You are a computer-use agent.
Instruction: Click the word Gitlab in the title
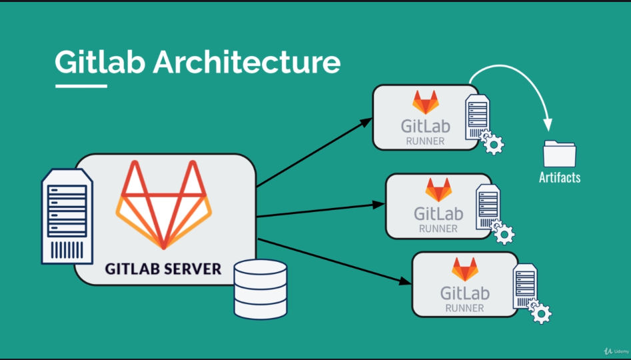pyautogui.click(x=99, y=62)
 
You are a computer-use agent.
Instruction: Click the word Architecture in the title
pyautogui.click(x=247, y=62)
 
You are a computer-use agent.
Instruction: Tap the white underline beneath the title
pyautogui.click(x=81, y=85)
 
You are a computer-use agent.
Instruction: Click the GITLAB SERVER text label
pyautogui.click(x=163, y=269)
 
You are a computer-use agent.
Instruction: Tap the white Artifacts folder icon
pyautogui.click(x=559, y=153)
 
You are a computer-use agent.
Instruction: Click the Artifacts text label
pyautogui.click(x=559, y=177)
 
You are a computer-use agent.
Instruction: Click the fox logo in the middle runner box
pyautogui.click(x=438, y=190)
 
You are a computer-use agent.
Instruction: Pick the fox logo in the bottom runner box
pyautogui.click(x=465, y=269)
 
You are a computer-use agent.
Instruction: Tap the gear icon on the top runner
pyautogui.click(x=493, y=143)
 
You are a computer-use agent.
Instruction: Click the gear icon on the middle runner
pyautogui.click(x=504, y=233)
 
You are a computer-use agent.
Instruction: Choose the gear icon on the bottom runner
pyautogui.click(x=540, y=312)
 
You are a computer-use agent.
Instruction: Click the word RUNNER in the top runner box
pyautogui.click(x=425, y=141)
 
